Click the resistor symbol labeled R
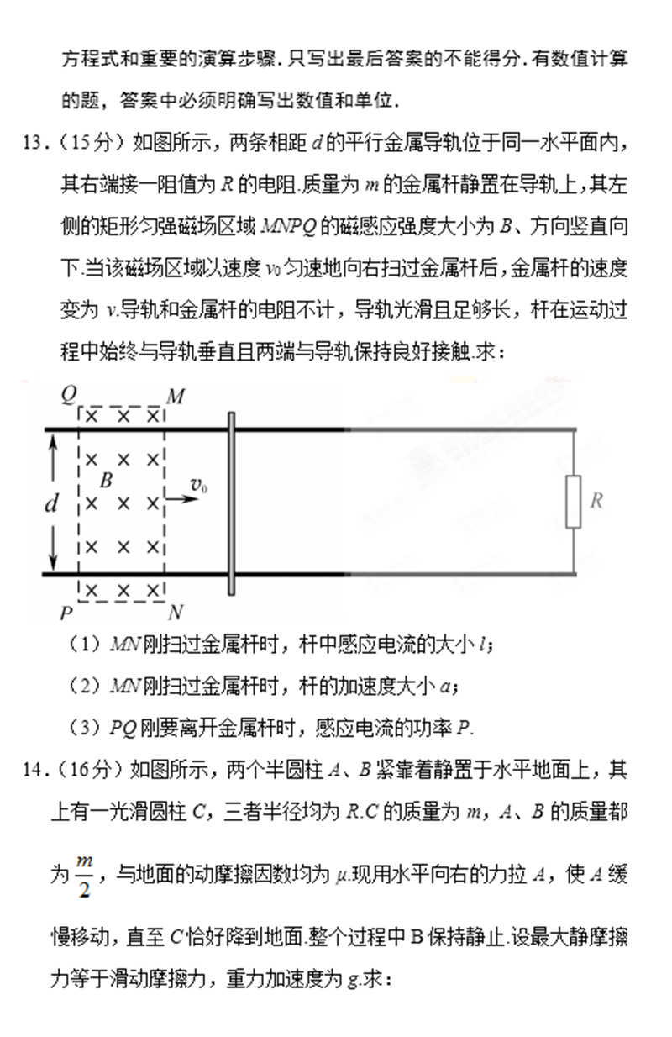574,501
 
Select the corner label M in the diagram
175,396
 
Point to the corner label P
67,613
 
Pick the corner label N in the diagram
176,611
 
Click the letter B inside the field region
106,481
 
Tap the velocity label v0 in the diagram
199,485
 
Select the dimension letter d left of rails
51,503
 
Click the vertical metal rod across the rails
229,503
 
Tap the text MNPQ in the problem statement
290,227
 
